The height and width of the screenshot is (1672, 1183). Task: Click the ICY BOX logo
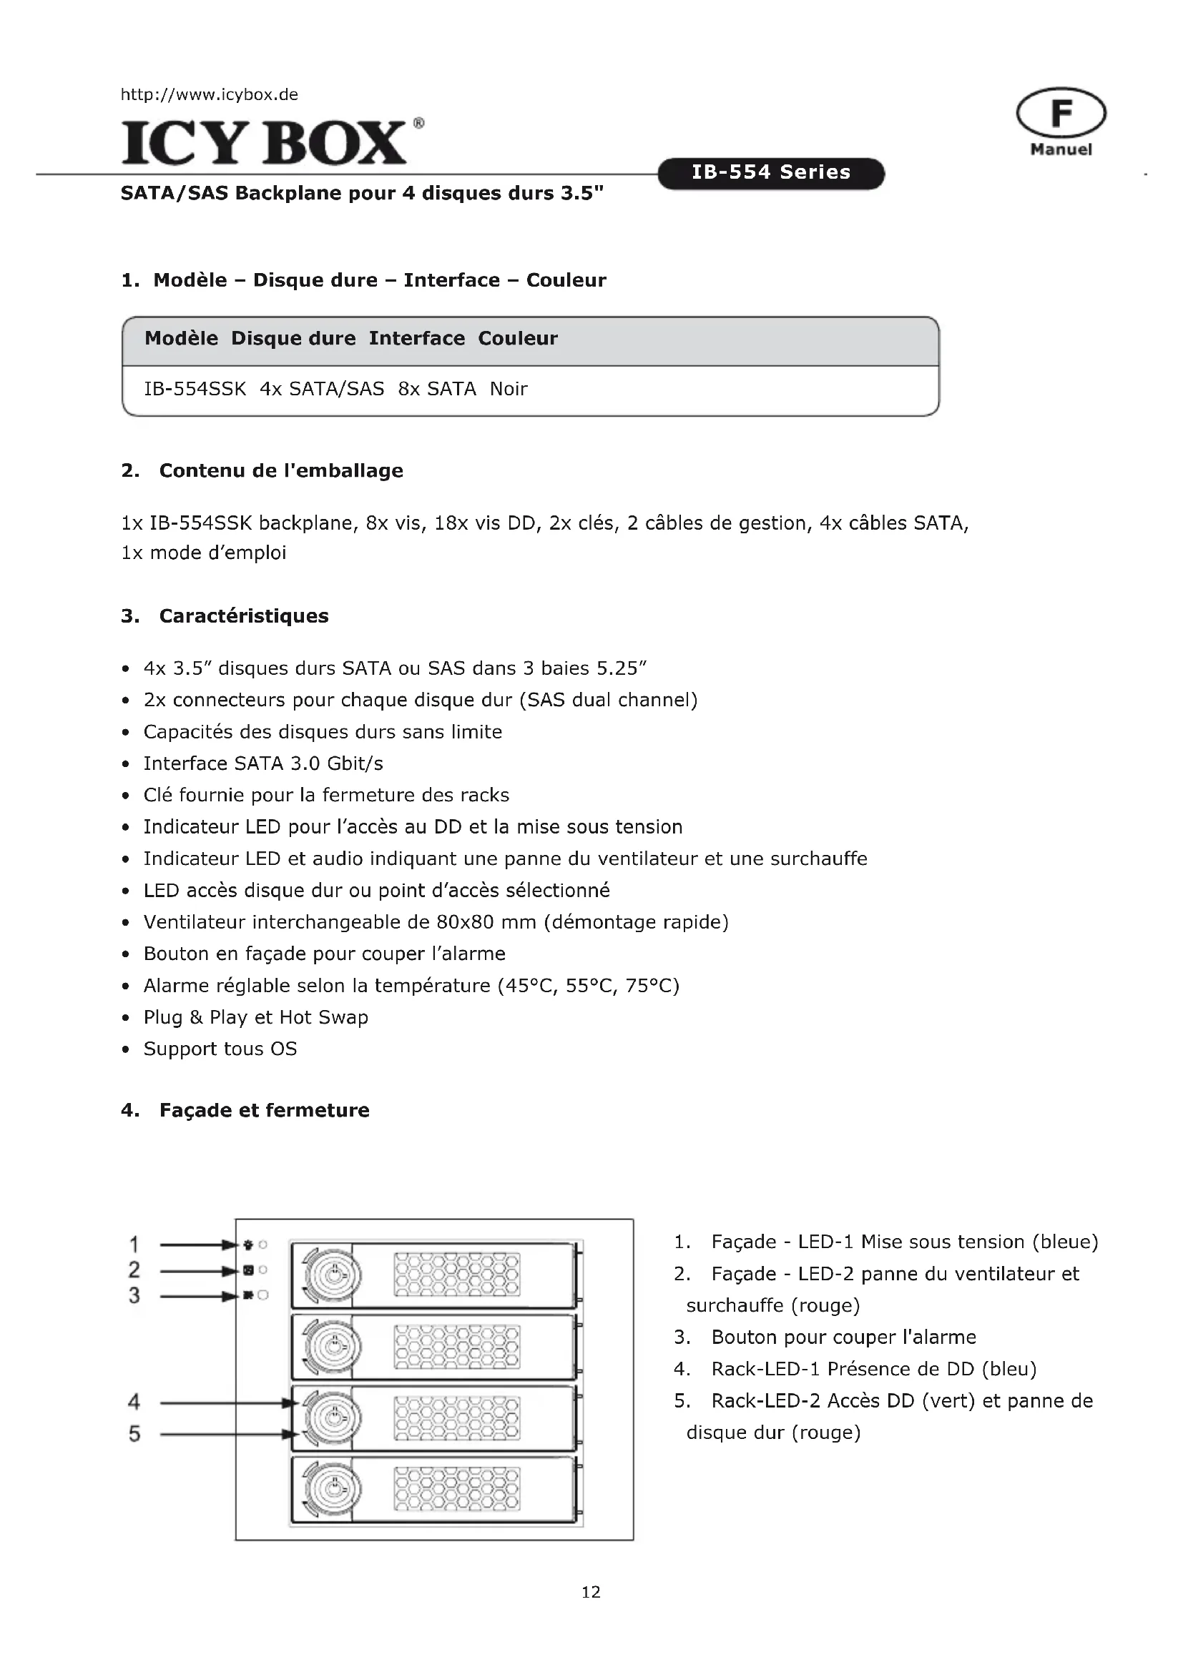pos(264,142)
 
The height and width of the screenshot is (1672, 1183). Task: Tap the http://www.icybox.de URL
pos(209,94)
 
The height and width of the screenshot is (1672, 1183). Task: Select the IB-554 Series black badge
pos(771,172)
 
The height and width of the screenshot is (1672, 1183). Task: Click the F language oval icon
pos(1061,114)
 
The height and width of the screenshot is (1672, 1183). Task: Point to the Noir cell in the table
pos(509,389)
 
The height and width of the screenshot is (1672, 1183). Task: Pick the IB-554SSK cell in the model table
pos(195,389)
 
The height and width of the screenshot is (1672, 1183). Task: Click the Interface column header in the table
pos(417,339)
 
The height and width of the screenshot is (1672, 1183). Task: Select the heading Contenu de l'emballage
pos(280,470)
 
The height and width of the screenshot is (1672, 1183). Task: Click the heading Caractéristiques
pos(243,616)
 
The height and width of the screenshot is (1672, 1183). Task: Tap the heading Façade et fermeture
pos(264,1110)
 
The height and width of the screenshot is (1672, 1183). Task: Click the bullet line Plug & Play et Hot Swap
pos(255,1017)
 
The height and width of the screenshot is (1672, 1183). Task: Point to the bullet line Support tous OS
pos(220,1049)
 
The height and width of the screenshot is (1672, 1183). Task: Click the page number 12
pos(591,1592)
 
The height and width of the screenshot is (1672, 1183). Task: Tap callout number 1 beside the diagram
pos(134,1245)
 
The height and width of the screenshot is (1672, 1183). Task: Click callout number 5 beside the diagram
pos(134,1434)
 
